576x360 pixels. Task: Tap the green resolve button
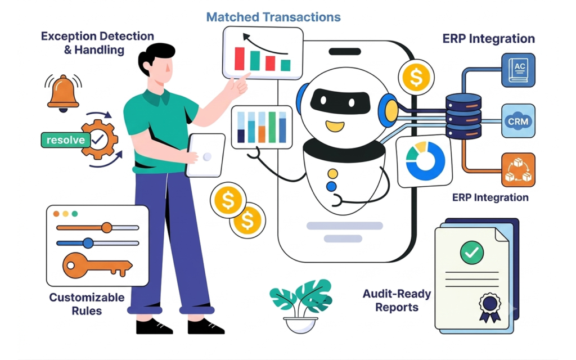65,140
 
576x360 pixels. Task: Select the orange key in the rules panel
97,265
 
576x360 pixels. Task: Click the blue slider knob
88,243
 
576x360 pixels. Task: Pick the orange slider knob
106,227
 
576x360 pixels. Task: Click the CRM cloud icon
518,121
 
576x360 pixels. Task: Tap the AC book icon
518,70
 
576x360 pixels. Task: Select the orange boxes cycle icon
518,170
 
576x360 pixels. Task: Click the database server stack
463,116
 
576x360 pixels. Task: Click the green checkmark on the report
472,253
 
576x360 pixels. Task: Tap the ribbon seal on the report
490,307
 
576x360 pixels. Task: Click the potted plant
301,305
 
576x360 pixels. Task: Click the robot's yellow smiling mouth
335,126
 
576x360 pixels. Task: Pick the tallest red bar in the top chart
240,58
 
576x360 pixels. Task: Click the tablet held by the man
205,155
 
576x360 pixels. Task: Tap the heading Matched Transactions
273,17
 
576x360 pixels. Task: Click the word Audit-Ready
397,294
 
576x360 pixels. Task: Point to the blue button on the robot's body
331,186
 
